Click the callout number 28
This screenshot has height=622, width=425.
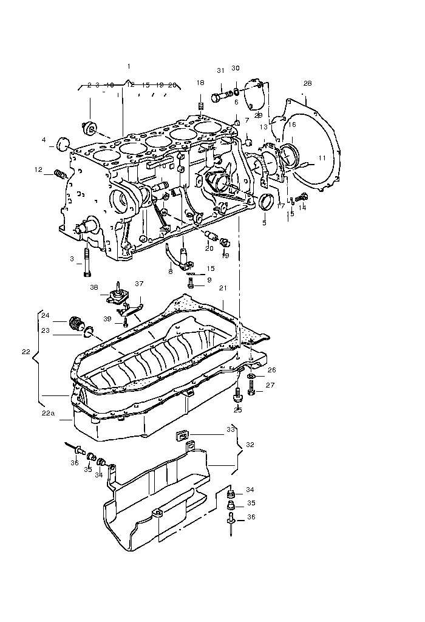coord(307,83)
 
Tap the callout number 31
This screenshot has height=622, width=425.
coord(221,70)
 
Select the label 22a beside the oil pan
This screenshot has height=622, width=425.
coord(48,412)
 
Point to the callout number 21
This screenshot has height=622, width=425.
coord(222,287)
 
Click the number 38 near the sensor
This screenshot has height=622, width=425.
coord(94,287)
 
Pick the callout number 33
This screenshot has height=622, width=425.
coord(231,429)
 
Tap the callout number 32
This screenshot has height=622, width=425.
coord(250,445)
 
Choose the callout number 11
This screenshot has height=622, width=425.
coord(322,158)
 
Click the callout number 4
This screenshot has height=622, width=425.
coord(44,140)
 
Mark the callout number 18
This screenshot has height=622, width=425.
coord(200,83)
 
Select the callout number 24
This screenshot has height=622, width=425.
coord(46,315)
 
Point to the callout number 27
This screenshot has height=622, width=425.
coord(270,385)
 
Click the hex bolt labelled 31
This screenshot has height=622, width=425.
coord(219,96)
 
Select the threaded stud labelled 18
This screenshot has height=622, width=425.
coord(200,108)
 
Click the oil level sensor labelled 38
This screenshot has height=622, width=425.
coord(116,295)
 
